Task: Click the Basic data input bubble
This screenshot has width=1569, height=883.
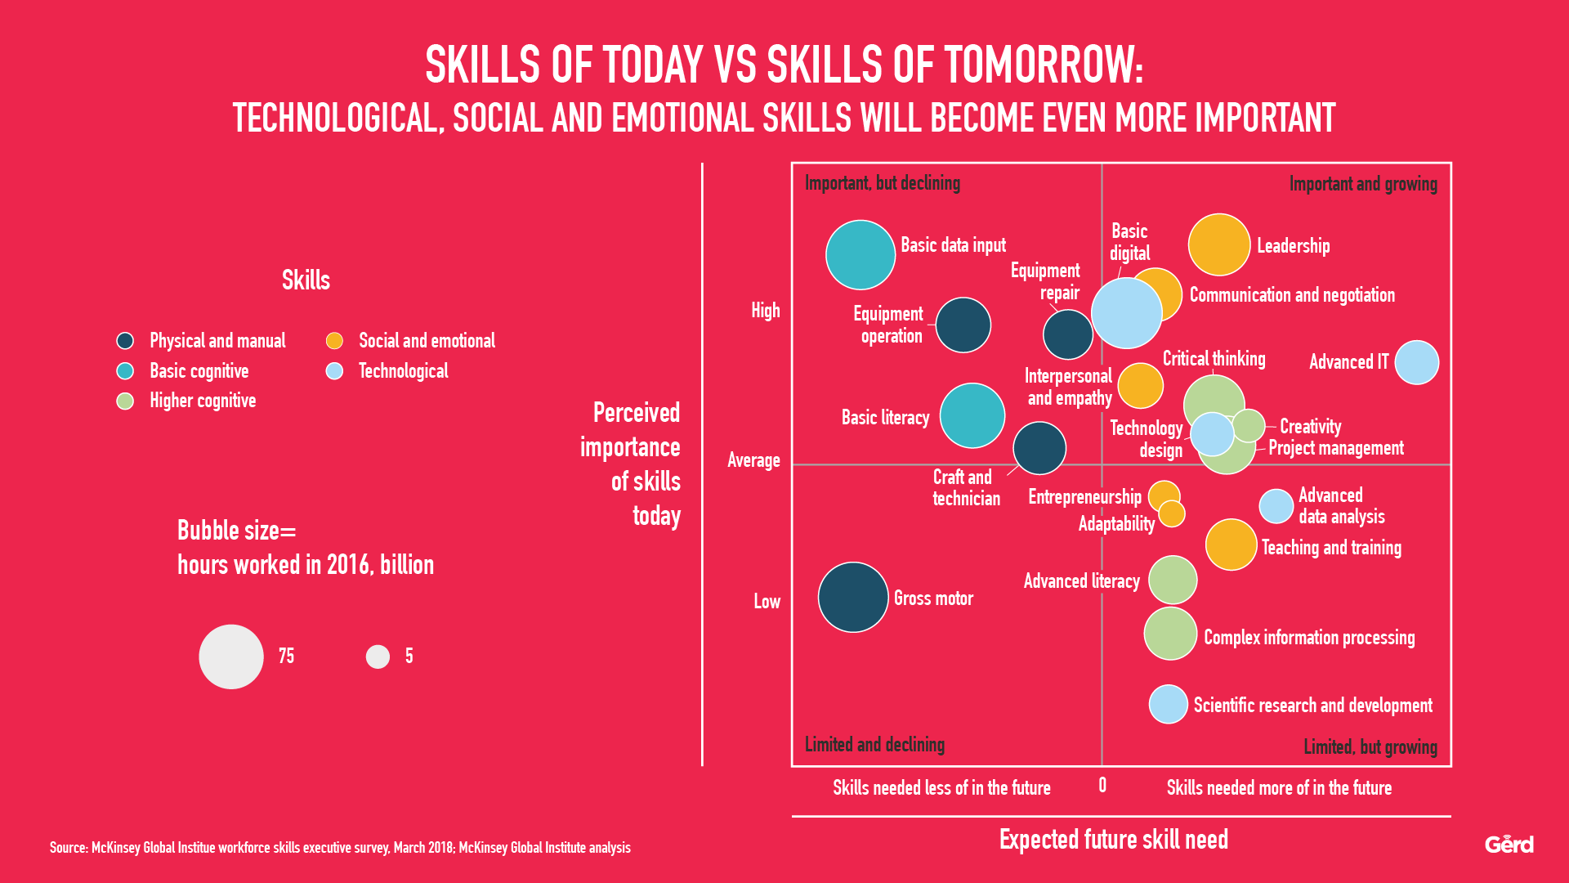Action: click(x=860, y=255)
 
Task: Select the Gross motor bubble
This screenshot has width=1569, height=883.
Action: click(x=853, y=597)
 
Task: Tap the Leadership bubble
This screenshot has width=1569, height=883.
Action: click(x=1219, y=244)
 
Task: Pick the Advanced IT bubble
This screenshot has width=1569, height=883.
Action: click(x=1416, y=362)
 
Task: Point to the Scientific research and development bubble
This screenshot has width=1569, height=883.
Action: click(x=1169, y=704)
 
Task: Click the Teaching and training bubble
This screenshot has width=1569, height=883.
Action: click(x=1231, y=545)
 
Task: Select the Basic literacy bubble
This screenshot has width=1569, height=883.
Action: click(x=972, y=415)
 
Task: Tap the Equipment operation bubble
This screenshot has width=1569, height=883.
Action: click(x=963, y=325)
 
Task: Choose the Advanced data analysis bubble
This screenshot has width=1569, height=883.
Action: click(x=1276, y=506)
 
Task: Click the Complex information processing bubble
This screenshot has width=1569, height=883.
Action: click(x=1170, y=634)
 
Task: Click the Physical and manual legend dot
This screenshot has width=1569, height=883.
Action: click(x=125, y=341)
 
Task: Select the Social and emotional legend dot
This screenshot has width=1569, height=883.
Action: click(x=334, y=341)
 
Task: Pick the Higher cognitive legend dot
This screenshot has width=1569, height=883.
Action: click(x=125, y=401)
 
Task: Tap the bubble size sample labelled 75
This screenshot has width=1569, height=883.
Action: click(x=231, y=657)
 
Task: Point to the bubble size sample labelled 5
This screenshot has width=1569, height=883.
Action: click(x=378, y=657)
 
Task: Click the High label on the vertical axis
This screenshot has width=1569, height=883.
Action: click(x=765, y=311)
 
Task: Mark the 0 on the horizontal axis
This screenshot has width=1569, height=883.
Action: click(x=1102, y=786)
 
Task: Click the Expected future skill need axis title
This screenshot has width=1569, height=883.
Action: click(x=1113, y=840)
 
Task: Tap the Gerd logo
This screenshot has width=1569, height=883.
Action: click(x=1509, y=844)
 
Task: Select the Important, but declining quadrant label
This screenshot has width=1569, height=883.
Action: click(x=883, y=183)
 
